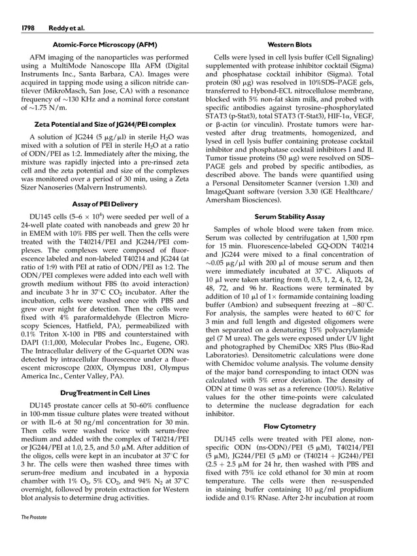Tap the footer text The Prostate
[x=33, y=534]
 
